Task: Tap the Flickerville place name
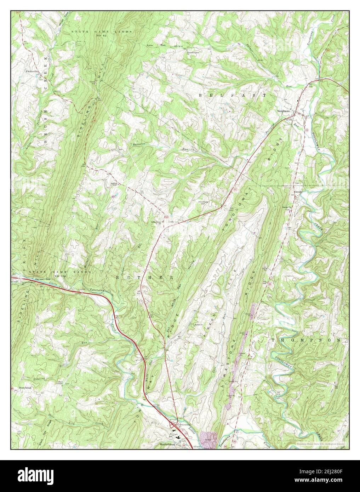[32, 71]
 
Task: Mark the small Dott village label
[170, 222]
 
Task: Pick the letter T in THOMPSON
[274, 340]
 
